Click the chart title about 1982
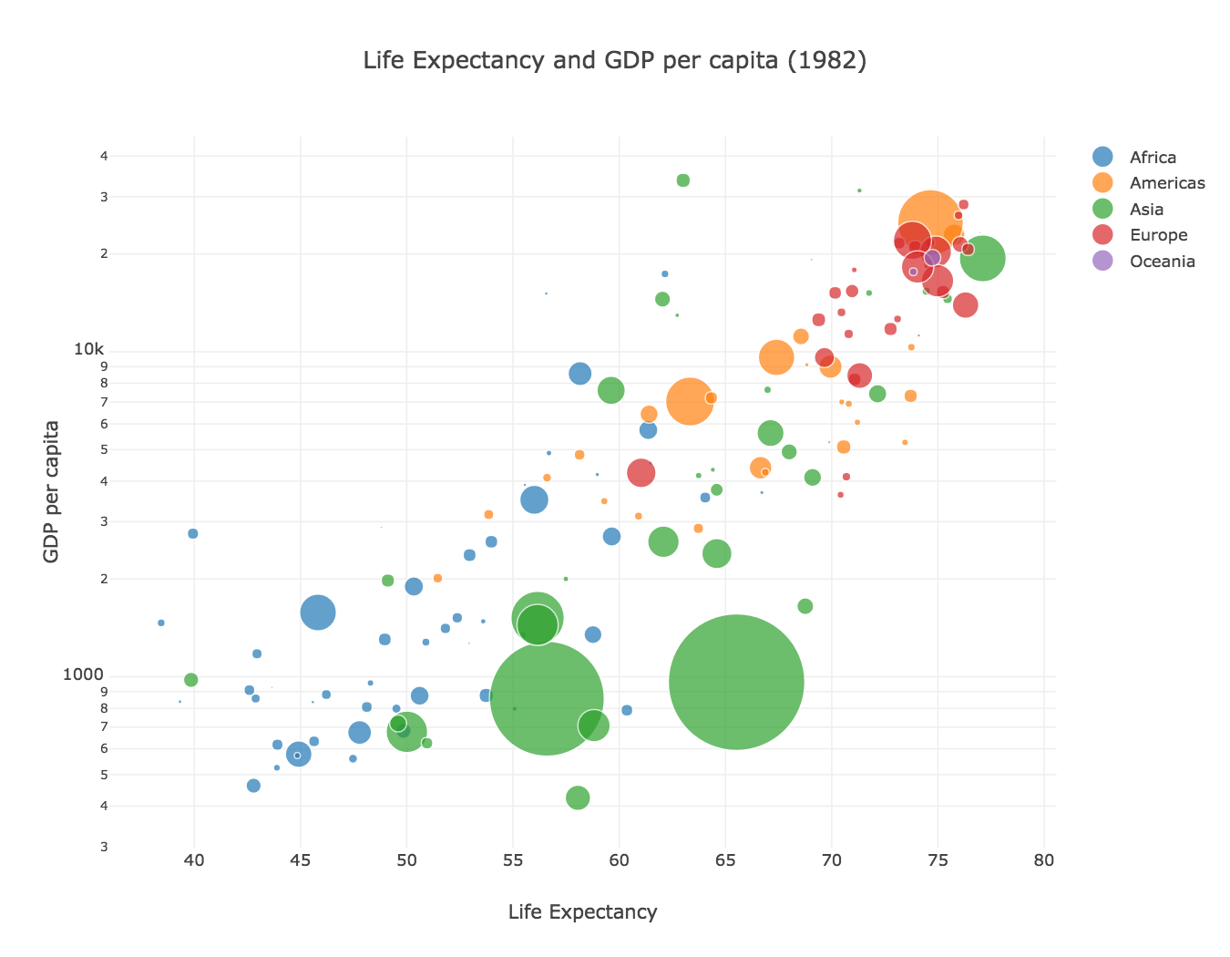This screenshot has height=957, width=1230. (614, 60)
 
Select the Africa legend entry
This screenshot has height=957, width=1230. (1135, 157)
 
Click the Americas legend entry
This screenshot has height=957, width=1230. (1149, 183)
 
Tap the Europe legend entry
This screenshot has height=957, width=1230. (1140, 234)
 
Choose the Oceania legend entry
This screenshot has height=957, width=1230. (1144, 261)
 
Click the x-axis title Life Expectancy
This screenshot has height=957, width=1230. (582, 911)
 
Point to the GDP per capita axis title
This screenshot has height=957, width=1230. (51, 491)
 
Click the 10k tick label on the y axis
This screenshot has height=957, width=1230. (89, 349)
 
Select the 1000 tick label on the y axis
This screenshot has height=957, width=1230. (83, 674)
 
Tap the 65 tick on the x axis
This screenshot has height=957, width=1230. (725, 860)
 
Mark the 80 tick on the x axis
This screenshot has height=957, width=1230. (1044, 860)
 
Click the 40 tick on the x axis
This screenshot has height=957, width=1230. (194, 860)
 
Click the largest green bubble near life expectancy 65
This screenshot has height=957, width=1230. (736, 681)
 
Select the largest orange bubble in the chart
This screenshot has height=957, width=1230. (929, 222)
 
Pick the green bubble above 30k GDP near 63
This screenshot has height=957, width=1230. (682, 180)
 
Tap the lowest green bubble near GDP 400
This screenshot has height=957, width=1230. (578, 797)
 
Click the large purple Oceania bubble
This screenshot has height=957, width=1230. (932, 258)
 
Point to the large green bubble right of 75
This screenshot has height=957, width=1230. (982, 258)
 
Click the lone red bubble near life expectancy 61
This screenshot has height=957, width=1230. (641, 472)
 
